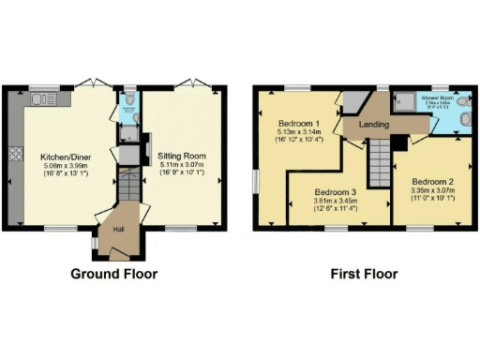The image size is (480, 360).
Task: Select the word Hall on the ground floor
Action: (119, 228)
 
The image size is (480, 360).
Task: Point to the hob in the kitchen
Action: (14, 154)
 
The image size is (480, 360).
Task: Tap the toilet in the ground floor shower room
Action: (129, 96)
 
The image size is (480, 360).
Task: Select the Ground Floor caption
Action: (114, 275)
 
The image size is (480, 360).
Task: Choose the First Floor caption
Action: (364, 275)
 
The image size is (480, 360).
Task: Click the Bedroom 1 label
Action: (299, 124)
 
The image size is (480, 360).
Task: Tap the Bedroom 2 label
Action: (425, 180)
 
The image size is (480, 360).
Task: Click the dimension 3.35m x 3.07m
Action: (425, 189)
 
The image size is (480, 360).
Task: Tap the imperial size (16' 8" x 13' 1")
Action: (64, 174)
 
